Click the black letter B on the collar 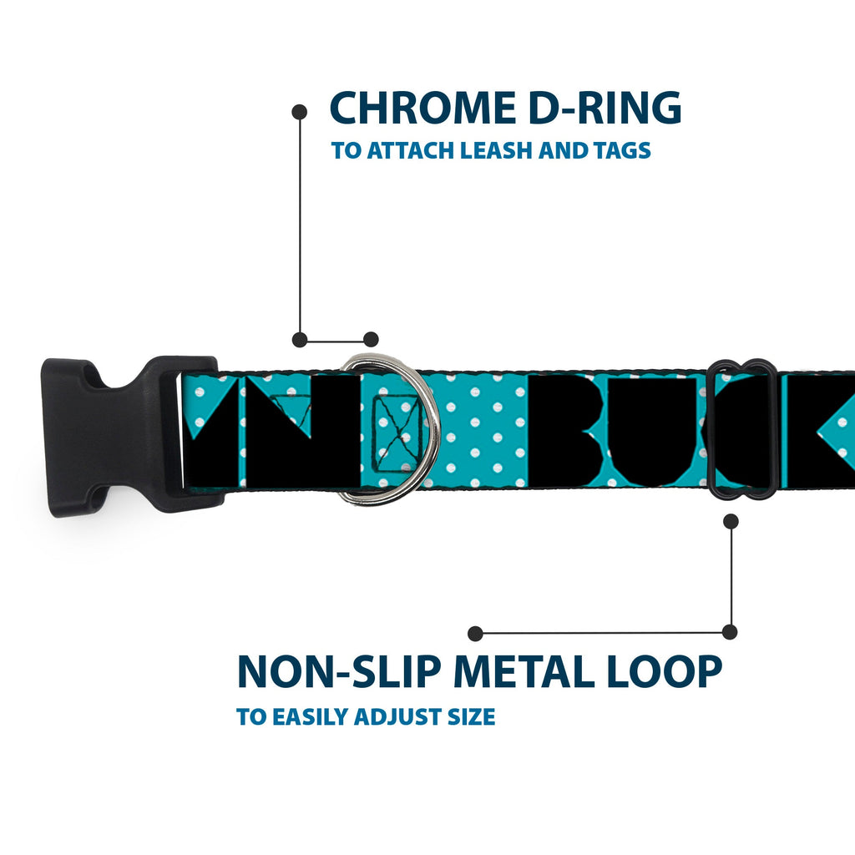(568, 431)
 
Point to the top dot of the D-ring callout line (299, 112)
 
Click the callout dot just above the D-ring (372, 339)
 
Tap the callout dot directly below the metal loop (731, 522)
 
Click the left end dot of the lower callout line (476, 633)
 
